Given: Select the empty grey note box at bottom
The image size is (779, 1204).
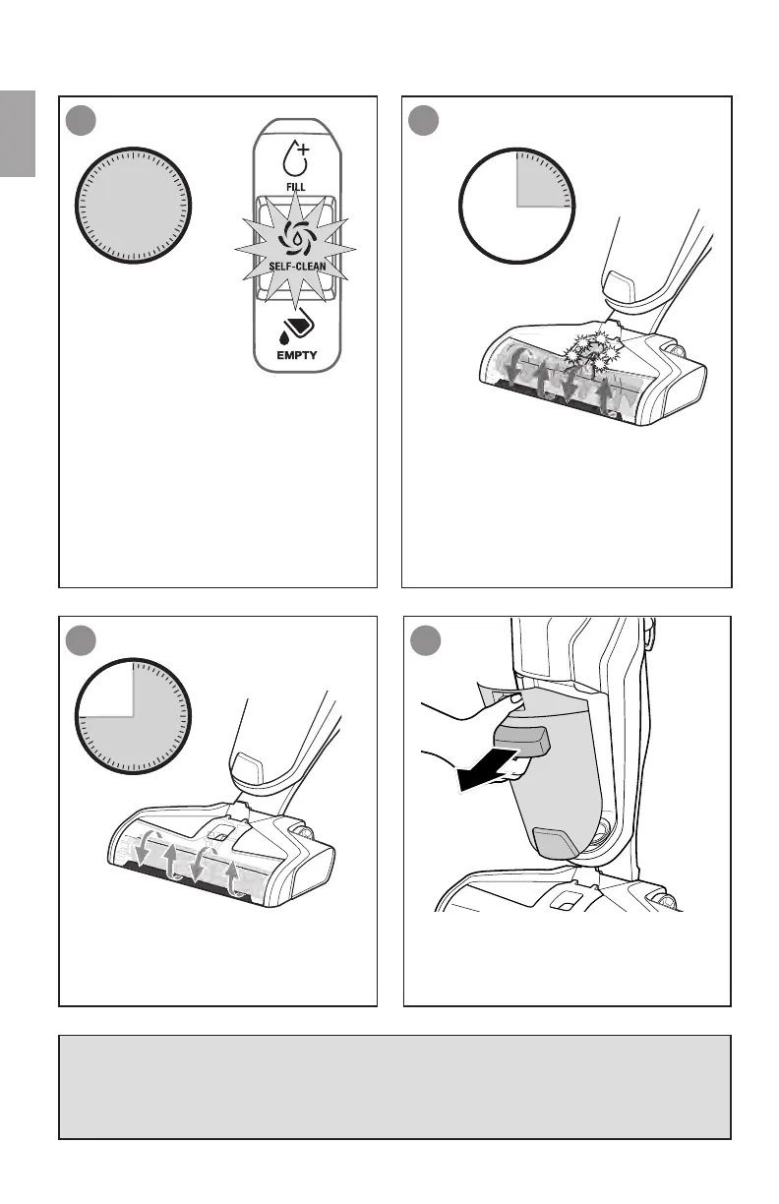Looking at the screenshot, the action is tap(393, 1086).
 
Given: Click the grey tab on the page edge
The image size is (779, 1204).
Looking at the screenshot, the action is tap(18, 134).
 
